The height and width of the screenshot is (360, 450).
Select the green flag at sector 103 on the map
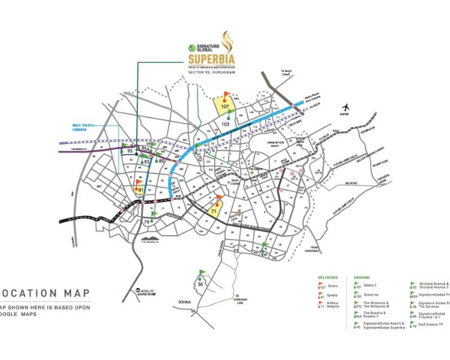[229, 113]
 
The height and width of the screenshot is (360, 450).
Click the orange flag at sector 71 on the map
[218, 200]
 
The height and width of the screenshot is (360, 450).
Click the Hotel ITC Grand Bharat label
[148, 293]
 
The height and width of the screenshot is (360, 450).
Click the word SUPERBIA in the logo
[207, 59]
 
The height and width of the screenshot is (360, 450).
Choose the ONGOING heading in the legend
[362, 278]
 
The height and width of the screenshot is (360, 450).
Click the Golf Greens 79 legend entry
[431, 325]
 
